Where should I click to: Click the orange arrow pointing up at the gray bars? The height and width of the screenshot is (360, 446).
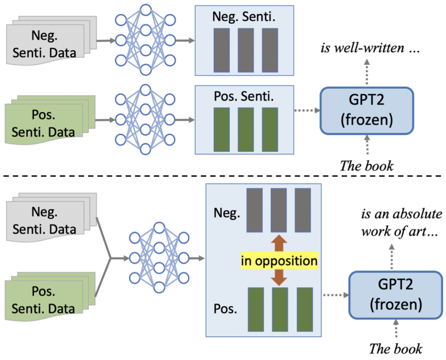pyautogui.click(x=279, y=243)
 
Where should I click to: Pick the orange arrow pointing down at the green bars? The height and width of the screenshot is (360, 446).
pyautogui.click(x=279, y=277)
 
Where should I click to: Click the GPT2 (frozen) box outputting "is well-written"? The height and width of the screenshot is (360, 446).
pyautogui.click(x=367, y=110)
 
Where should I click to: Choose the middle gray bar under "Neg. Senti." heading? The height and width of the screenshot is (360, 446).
pyautogui.click(x=246, y=50)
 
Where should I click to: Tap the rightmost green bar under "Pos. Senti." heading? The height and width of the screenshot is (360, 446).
pyautogui.click(x=270, y=129)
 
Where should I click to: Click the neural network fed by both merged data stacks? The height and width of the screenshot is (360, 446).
pyautogui.click(x=159, y=258)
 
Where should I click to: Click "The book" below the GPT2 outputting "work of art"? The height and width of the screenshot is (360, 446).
pyautogui.click(x=395, y=349)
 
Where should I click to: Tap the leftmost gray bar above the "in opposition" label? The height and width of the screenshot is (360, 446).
pyautogui.click(x=254, y=210)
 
